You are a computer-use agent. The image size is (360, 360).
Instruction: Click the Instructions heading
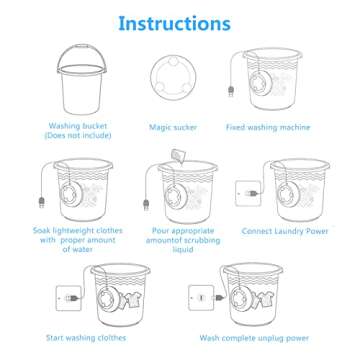pyautogui.click(x=180, y=22)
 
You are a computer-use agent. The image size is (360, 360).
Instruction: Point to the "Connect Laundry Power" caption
pyautogui.click(x=289, y=230)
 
